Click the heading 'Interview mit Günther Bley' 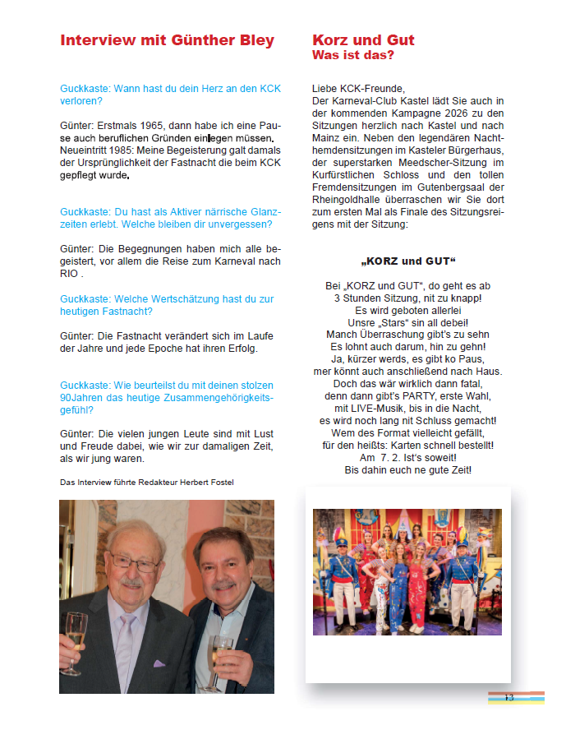coord(167,40)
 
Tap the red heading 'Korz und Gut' coord(363,40)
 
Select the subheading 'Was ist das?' coord(353,55)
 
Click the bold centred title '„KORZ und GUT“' coord(408,261)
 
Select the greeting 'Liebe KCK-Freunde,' coord(359,88)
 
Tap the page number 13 coord(508,697)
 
